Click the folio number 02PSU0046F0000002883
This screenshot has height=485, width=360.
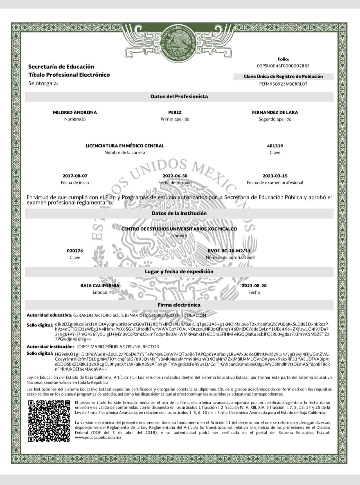point(283,66)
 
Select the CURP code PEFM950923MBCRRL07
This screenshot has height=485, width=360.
point(283,84)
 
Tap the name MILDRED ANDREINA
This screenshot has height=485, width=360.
point(75,113)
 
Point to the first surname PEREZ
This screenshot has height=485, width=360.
point(175,113)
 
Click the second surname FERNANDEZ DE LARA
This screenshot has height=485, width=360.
point(275,113)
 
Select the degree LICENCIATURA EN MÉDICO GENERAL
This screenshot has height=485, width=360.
point(125,146)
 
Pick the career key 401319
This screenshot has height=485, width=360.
point(275,146)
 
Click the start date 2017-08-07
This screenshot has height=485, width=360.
point(75,176)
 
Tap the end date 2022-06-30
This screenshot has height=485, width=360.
point(175,176)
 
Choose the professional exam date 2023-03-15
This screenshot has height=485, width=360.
point(275,176)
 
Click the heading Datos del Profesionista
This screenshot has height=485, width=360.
point(179,97)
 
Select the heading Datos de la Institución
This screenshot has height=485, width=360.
point(179,213)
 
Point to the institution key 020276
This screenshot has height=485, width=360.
point(75,251)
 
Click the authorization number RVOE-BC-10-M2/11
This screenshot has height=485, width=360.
point(229,251)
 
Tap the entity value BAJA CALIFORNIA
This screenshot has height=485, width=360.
point(100,286)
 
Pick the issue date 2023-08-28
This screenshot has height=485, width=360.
point(254,286)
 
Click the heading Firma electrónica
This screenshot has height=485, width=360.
point(179,305)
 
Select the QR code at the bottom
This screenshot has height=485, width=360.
point(49,421)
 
